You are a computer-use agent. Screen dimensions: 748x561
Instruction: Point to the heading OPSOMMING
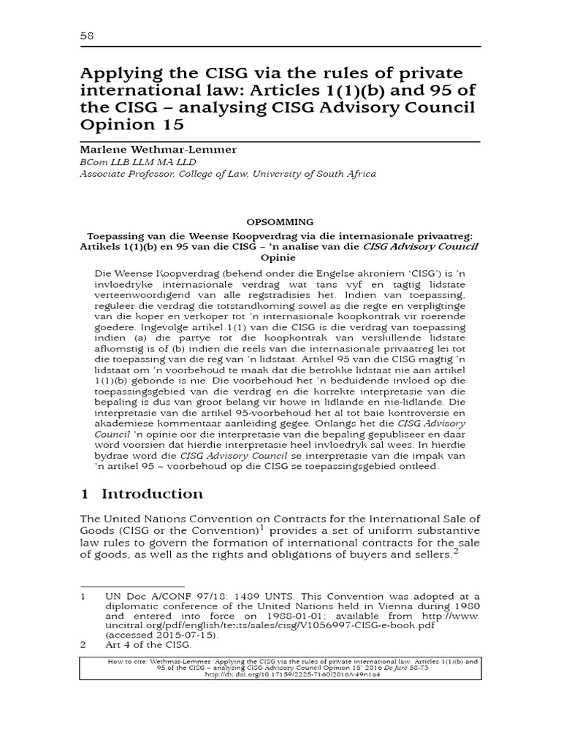coord(280,221)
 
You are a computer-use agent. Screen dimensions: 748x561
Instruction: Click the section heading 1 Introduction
coord(141,494)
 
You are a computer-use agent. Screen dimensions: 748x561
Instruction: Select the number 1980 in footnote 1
coord(465,608)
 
